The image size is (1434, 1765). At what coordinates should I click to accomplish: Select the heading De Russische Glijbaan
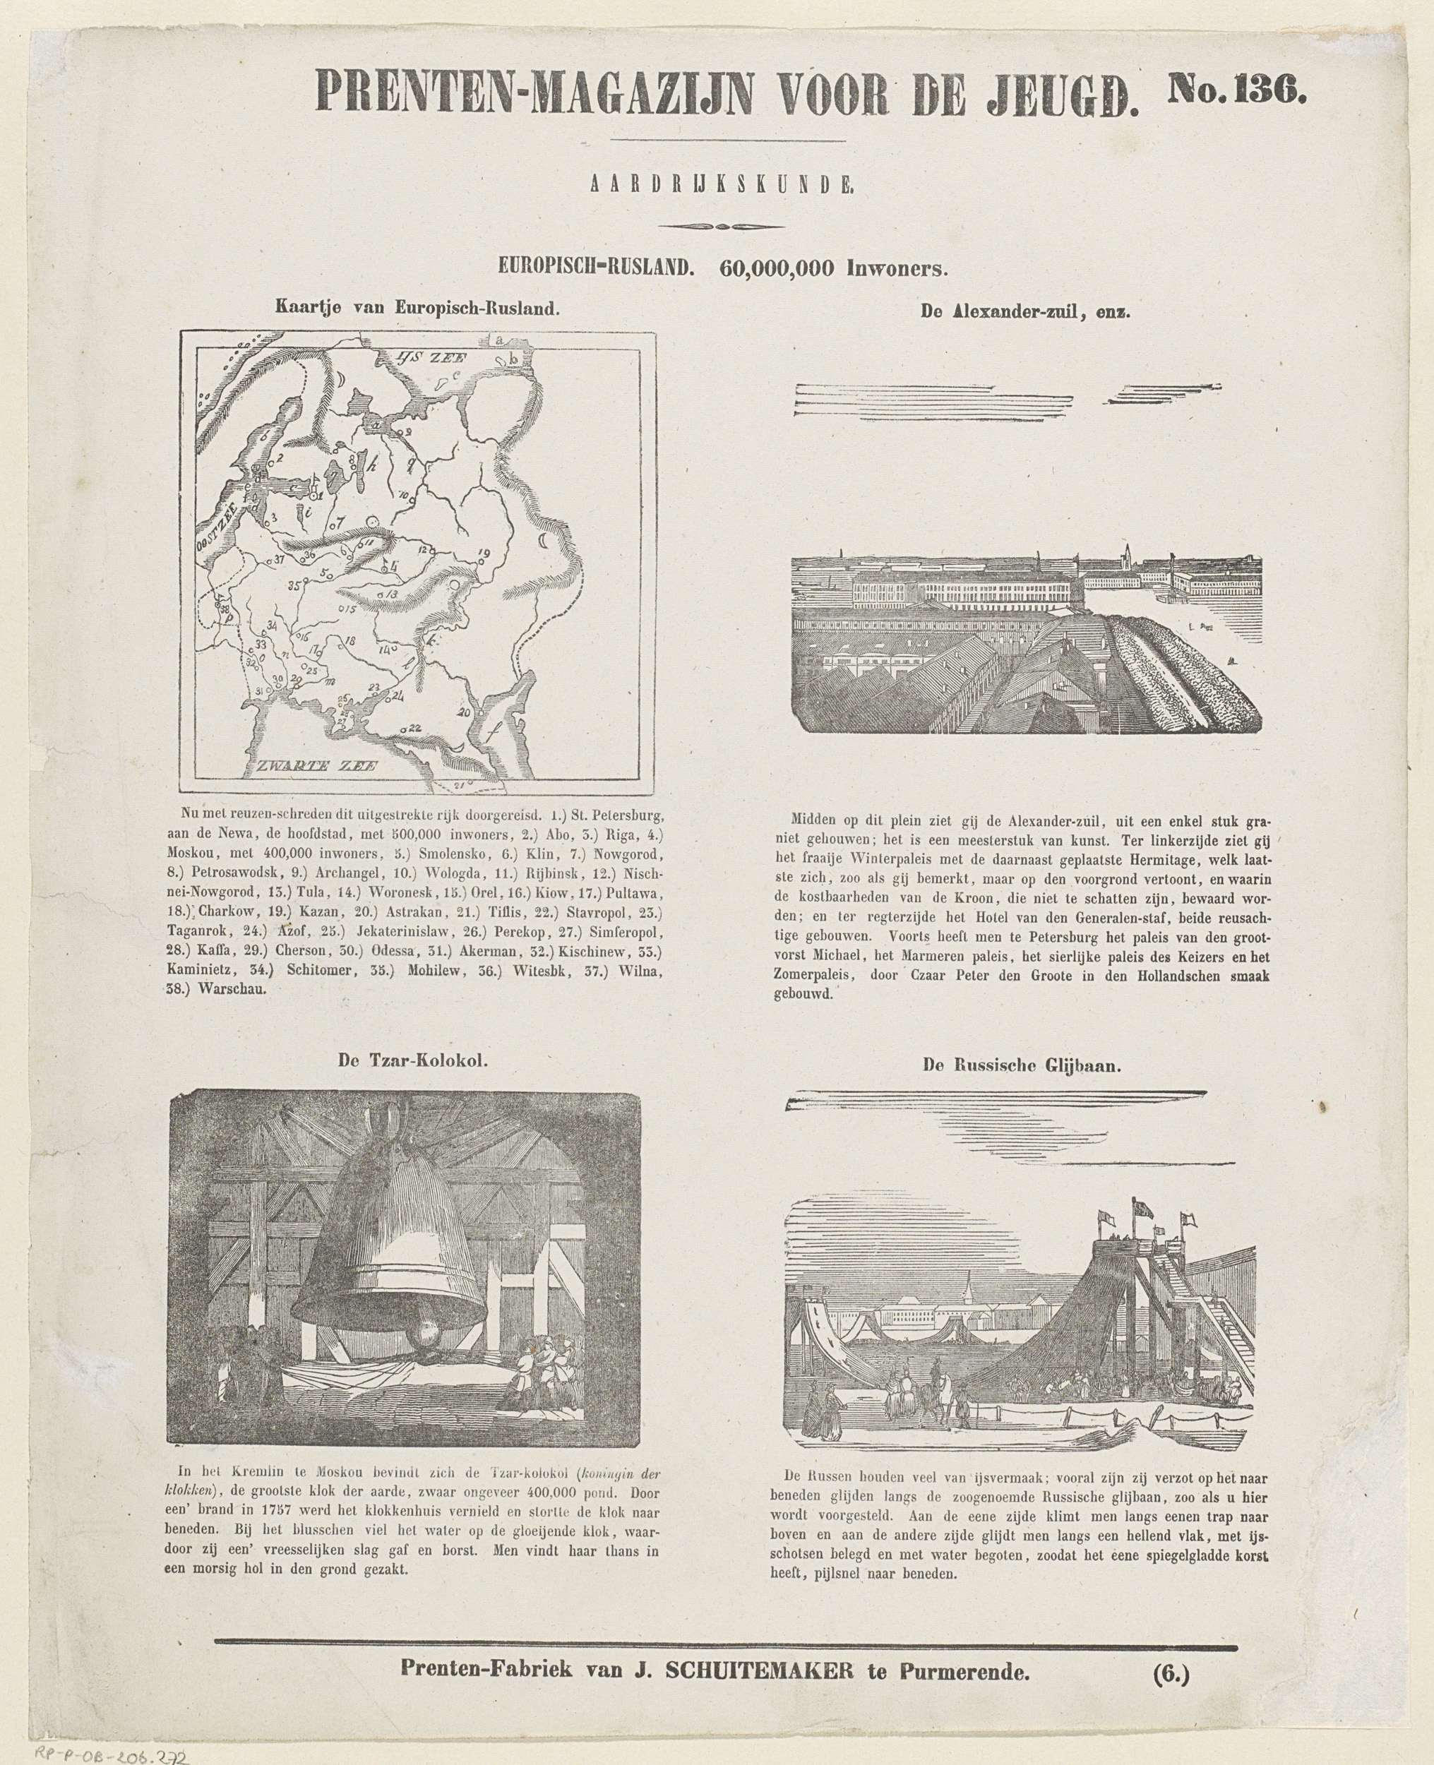coord(1021,1065)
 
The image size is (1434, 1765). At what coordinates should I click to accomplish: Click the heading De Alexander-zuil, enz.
coord(1024,311)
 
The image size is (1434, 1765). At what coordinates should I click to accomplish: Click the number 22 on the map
coord(414,726)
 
